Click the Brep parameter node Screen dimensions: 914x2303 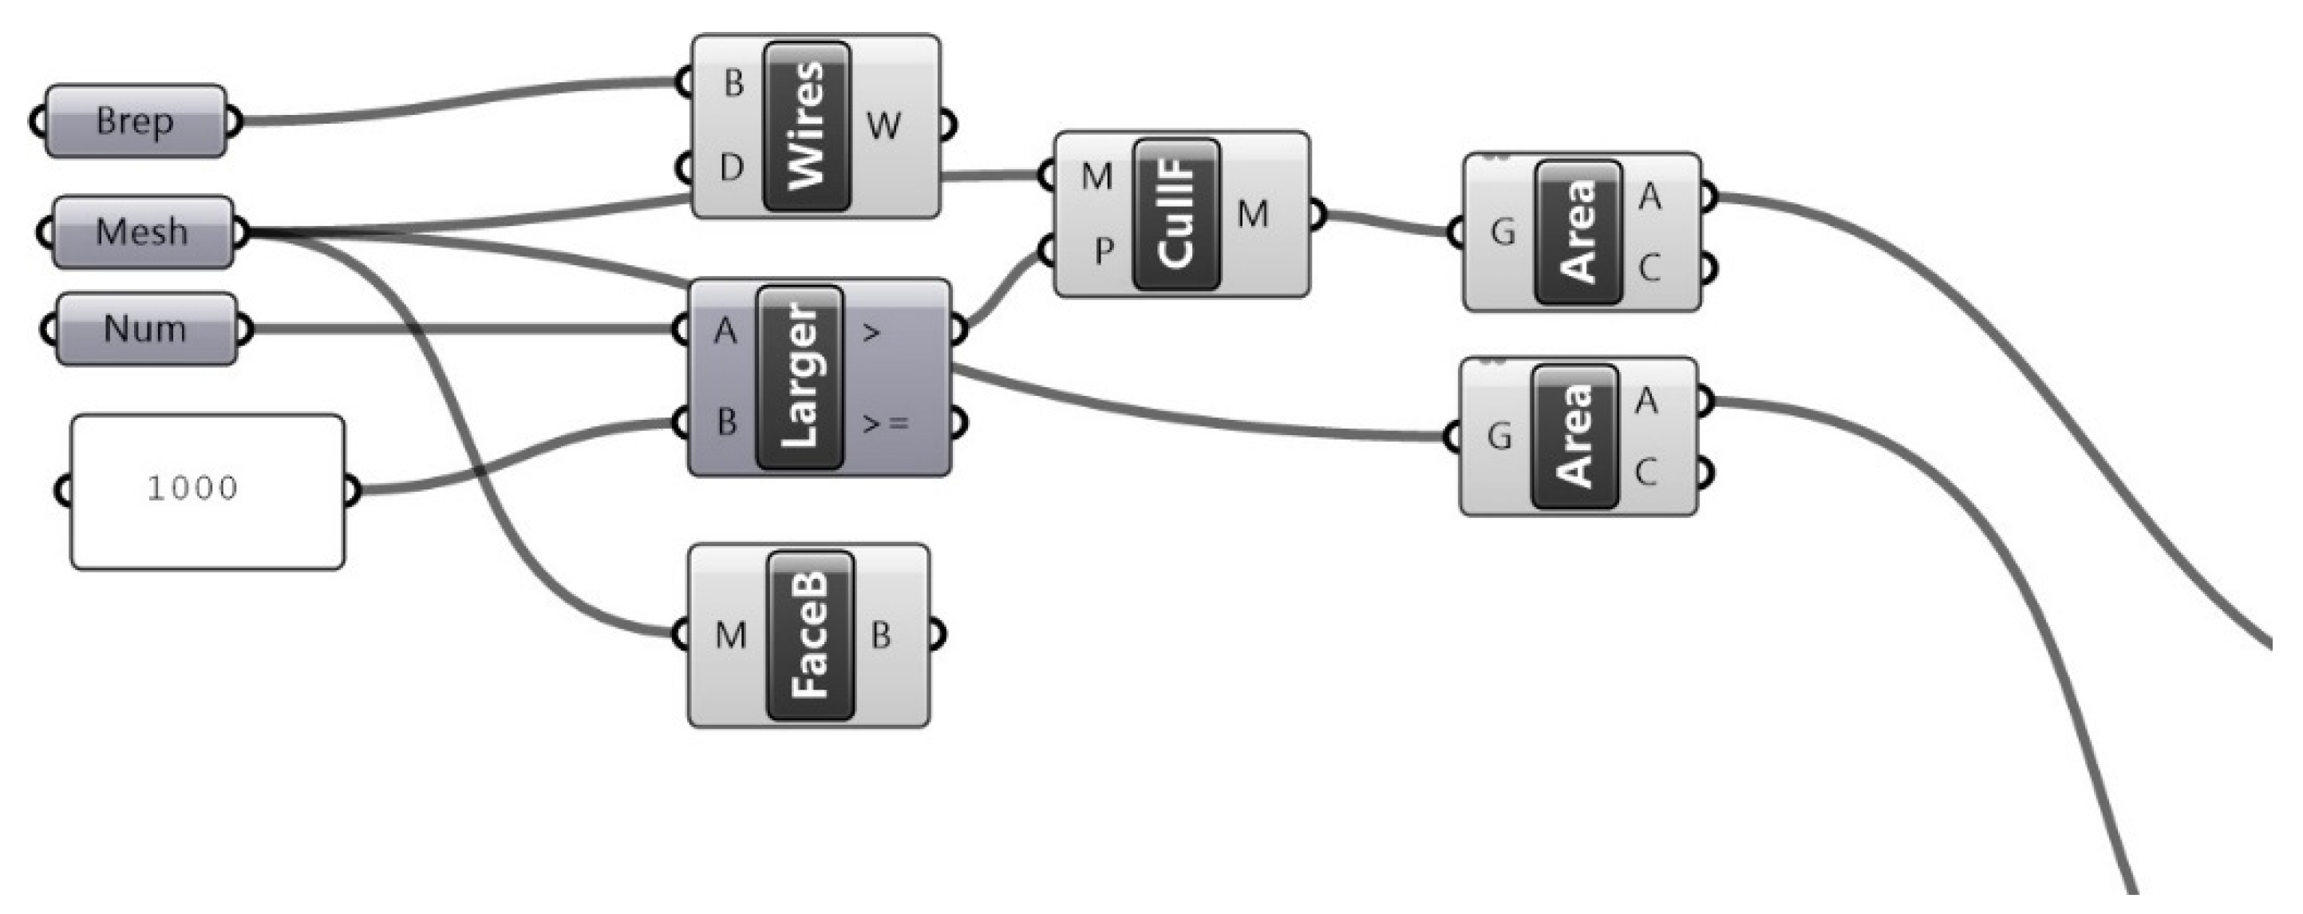click(x=135, y=121)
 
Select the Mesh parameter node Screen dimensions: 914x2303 click(x=142, y=231)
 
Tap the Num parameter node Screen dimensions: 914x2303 click(x=146, y=328)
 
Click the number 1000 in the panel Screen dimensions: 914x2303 click(x=193, y=489)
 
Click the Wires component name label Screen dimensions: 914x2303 click(x=808, y=125)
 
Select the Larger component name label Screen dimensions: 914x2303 click(x=800, y=377)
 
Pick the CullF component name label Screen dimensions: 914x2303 click(x=1175, y=214)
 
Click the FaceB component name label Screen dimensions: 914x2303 click(x=810, y=635)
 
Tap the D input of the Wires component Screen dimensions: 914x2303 click(x=731, y=168)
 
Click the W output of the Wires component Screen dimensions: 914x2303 click(x=883, y=125)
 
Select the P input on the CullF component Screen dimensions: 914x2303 click(x=1104, y=252)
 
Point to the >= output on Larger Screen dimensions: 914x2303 click(x=885, y=422)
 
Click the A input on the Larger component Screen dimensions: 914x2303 click(x=726, y=332)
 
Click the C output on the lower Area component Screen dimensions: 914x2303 click(x=1646, y=471)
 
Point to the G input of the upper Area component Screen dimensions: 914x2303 click(x=1503, y=232)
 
